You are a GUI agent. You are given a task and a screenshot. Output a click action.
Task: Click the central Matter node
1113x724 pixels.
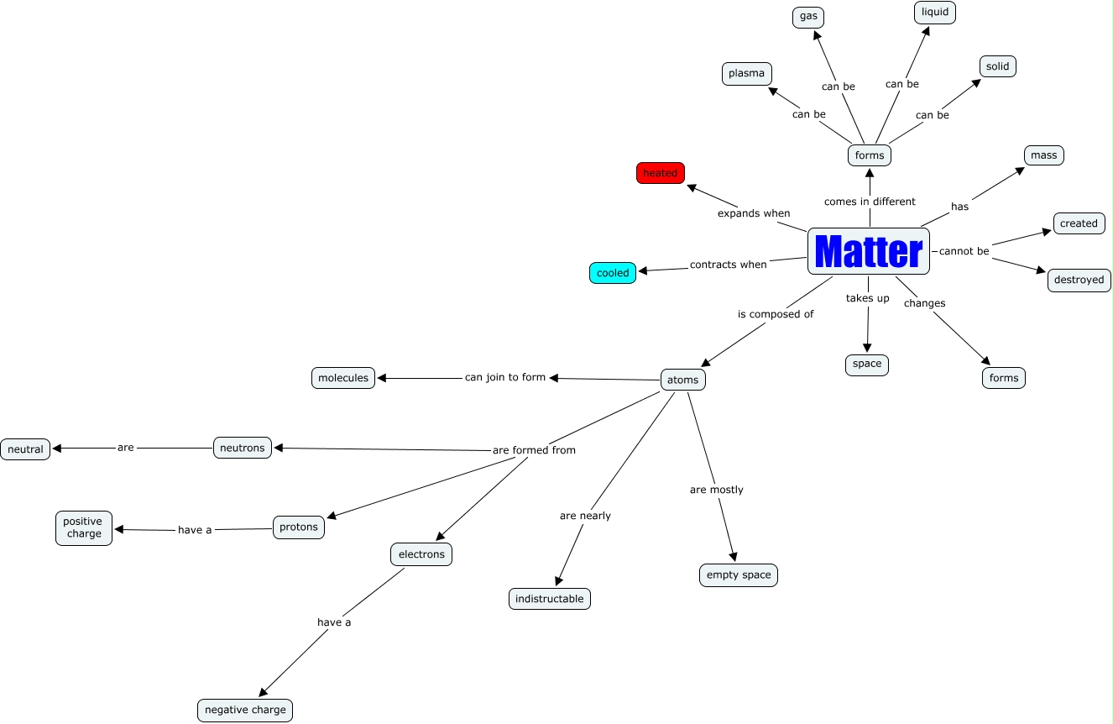869,251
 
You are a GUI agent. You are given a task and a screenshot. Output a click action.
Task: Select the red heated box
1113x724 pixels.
661,173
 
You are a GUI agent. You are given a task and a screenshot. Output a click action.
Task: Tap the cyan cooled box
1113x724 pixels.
613,273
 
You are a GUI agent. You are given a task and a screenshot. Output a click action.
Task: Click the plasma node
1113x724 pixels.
746,74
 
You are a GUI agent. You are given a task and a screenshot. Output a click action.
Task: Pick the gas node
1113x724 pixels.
808,17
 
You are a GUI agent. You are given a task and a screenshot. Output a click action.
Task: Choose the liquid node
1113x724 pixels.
935,13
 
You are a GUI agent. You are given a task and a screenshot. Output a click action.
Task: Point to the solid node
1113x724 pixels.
998,66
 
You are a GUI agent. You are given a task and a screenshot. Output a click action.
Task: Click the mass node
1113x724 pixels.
1044,155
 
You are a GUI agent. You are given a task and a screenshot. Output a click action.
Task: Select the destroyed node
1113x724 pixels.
1079,281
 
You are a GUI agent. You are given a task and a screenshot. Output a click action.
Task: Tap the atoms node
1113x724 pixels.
683,380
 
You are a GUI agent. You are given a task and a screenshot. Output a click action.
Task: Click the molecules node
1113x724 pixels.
343,378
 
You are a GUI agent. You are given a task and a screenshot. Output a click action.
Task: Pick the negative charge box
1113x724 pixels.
245,710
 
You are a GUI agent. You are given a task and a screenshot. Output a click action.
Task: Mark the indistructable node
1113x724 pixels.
550,599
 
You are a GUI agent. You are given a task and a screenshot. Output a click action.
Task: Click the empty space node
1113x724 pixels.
739,575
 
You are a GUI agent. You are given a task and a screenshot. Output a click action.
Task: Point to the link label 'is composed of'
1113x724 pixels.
776,314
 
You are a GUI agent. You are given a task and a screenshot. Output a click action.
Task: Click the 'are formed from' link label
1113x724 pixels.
534,450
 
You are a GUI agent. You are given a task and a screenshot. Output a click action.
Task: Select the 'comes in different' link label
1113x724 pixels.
870,202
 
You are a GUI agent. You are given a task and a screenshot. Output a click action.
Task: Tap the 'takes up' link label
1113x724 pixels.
867,298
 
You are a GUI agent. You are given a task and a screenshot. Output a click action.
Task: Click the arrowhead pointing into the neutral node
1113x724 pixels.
57,449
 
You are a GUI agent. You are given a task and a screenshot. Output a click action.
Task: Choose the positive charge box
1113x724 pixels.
84,528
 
